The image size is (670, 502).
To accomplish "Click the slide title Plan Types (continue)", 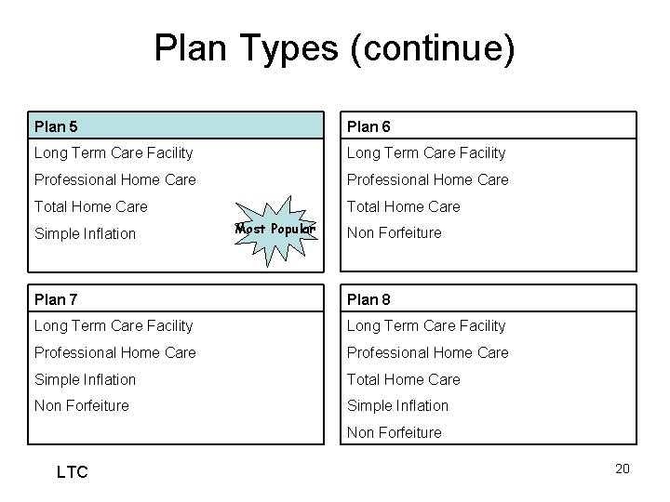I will coord(334,49).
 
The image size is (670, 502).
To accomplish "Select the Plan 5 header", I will coord(57,125).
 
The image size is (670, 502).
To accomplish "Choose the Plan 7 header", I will coord(57,298).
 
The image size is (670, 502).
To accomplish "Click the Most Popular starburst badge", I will coord(276,229).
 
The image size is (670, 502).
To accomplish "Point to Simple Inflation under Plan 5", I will coord(85,233).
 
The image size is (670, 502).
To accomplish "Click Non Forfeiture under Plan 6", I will coord(395,233).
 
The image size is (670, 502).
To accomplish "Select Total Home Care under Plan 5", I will coord(90,206).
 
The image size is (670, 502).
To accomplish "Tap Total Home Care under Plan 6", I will coord(404,206).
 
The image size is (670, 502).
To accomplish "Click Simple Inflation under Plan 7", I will coord(85,379).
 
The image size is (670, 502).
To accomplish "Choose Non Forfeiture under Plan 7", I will coord(81,405).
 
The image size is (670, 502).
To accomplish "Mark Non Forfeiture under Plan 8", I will coord(395,432).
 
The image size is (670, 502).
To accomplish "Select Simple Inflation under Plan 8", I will coord(398,405).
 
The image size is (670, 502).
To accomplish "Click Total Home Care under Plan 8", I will coord(404,379).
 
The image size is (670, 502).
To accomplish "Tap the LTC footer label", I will coord(72,473).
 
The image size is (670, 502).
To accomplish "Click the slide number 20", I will coord(623,469).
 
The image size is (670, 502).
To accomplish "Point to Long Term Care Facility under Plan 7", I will coord(113,325).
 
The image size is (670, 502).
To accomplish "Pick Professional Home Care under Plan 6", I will coord(428,179).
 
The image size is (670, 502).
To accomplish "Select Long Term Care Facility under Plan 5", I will coord(113,152).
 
